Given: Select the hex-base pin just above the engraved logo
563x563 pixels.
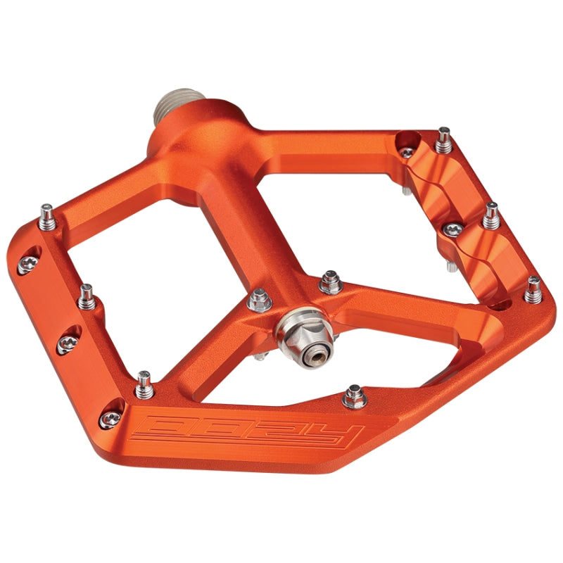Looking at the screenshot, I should [x=355, y=397].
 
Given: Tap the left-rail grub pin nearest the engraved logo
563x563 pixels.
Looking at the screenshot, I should [x=144, y=384].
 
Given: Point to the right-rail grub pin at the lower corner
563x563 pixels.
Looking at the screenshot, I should [x=533, y=289].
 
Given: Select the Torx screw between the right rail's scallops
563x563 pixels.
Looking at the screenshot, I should [x=452, y=230].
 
